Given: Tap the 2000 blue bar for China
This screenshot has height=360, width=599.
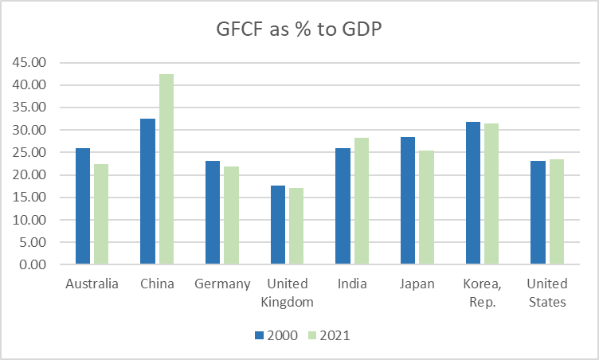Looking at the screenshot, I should (x=147, y=191).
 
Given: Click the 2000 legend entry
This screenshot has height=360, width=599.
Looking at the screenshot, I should (x=276, y=335).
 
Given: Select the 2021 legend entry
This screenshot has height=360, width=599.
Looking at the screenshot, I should (x=329, y=335).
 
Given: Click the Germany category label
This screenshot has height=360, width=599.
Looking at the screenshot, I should (x=222, y=284).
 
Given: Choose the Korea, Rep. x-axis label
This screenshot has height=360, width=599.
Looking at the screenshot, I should (x=481, y=292).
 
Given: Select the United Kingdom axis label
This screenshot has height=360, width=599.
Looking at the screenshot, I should (x=287, y=292).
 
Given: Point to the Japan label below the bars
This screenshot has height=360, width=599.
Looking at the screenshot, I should (x=417, y=284).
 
